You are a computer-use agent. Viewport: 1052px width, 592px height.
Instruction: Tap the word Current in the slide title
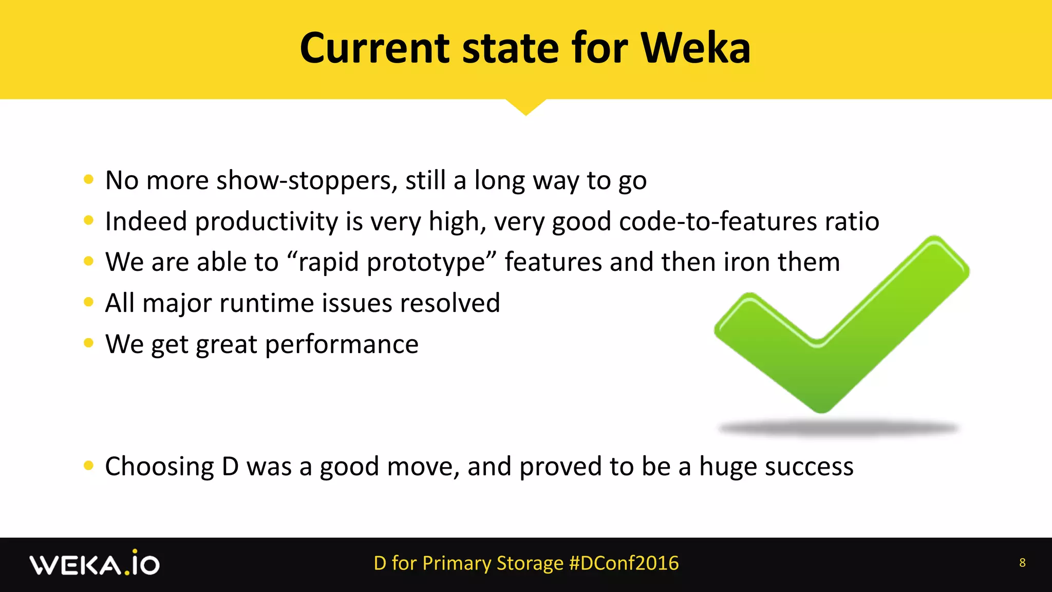point(375,48)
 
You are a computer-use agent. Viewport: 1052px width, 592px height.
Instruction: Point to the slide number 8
point(1022,563)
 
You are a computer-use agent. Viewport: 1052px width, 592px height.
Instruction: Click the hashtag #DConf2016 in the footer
point(624,563)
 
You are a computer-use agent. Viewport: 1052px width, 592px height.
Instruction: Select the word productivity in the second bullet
point(267,222)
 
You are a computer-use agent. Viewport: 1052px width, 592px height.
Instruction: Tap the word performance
point(342,344)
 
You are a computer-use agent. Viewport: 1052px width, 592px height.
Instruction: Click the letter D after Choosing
point(230,467)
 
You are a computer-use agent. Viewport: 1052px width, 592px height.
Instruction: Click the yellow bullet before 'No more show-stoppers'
point(88,179)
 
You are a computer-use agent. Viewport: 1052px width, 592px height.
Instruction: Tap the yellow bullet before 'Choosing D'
point(88,466)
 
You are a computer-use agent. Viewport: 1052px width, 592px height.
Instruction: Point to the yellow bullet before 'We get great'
point(88,343)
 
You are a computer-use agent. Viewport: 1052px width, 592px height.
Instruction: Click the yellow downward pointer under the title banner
point(525,106)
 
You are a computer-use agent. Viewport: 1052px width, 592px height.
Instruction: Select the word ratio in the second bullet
point(852,221)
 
